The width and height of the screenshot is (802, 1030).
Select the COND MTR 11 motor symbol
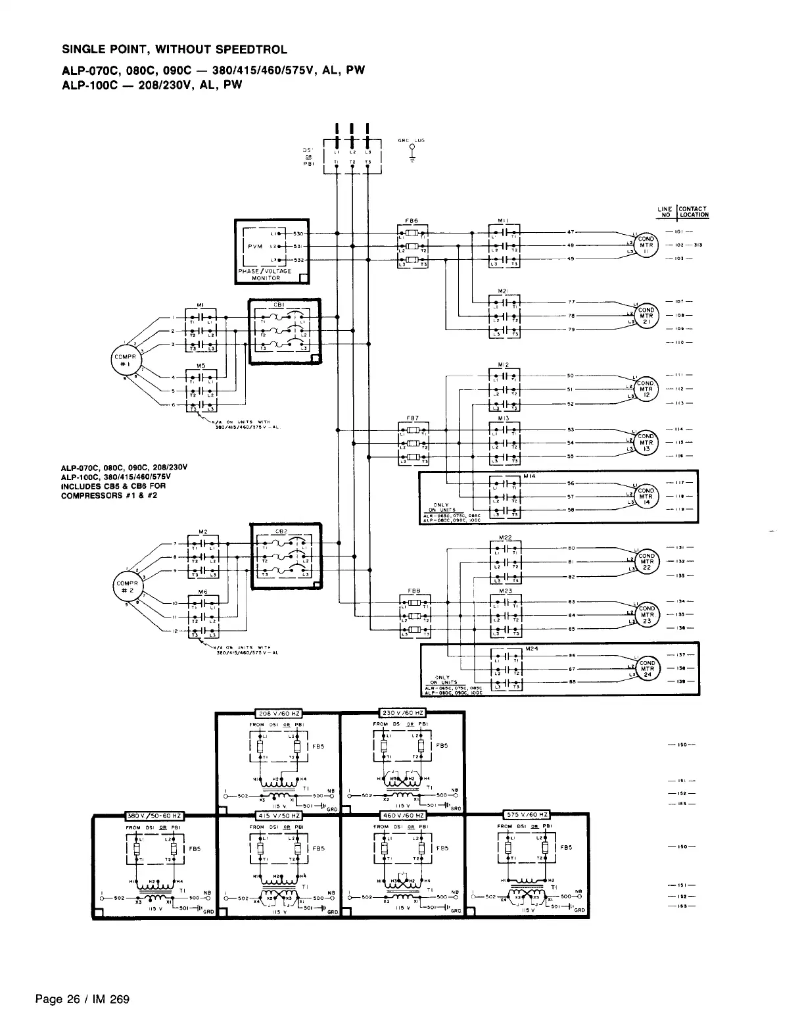click(646, 245)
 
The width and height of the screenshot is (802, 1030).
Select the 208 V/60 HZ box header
click(279, 713)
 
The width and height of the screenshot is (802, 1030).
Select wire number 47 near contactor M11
click(571, 232)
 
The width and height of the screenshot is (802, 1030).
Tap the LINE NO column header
click(665, 212)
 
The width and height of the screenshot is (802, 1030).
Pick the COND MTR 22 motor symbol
click(647, 562)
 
